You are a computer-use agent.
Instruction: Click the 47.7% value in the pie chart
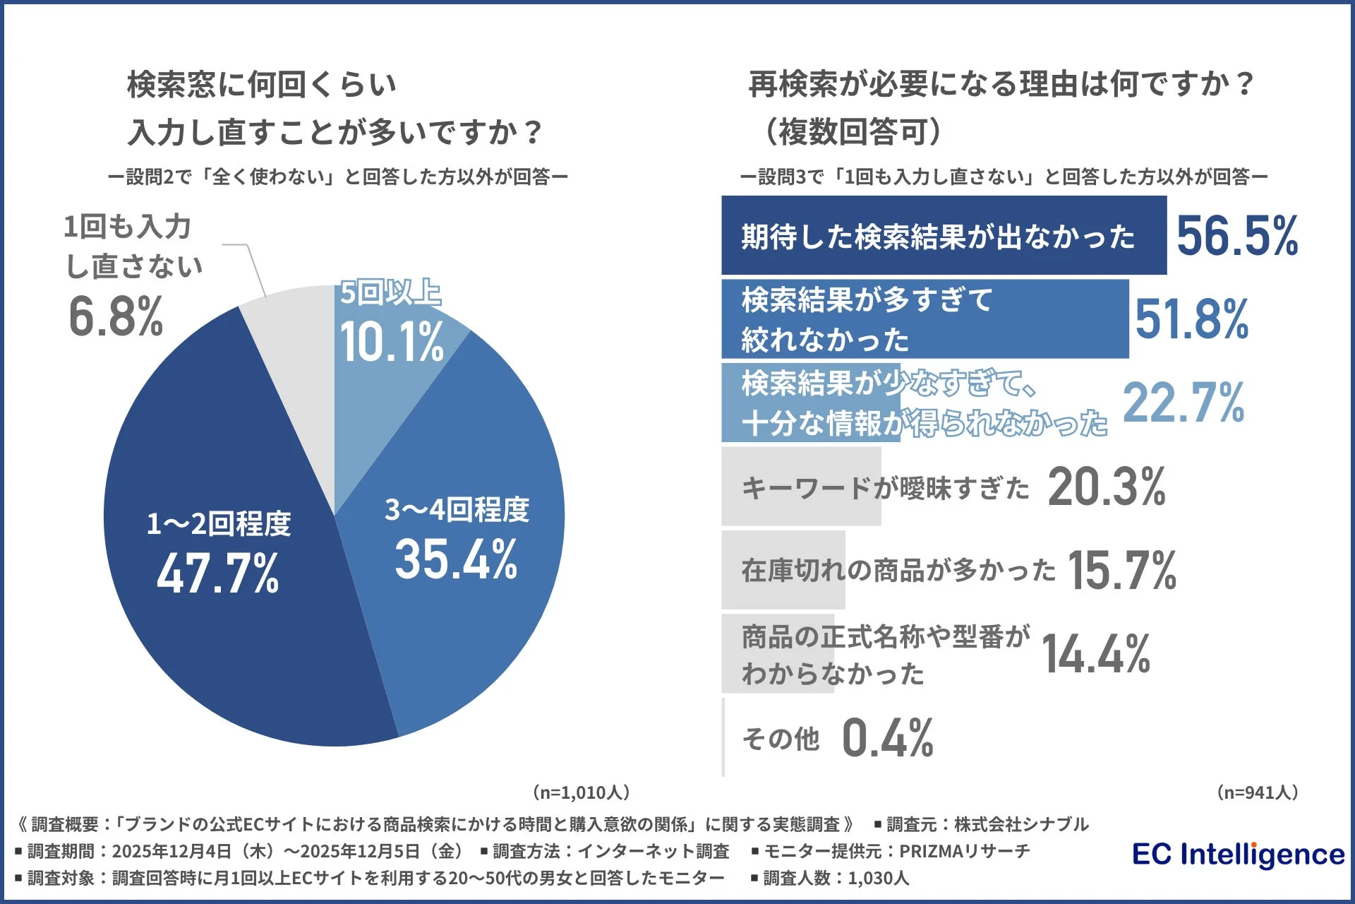[217, 573]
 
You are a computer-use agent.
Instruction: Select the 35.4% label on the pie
[456, 559]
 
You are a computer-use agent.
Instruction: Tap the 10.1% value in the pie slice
[392, 343]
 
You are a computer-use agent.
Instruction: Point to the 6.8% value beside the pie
[116, 316]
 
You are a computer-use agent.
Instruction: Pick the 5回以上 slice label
[390, 292]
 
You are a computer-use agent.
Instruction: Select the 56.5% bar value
[1236, 236]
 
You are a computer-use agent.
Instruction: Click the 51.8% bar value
[1191, 319]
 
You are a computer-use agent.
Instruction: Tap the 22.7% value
[1183, 403]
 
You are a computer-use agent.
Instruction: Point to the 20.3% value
[1106, 487]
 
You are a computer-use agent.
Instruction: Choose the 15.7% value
[1121, 571]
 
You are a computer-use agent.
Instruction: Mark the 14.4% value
[1095, 654]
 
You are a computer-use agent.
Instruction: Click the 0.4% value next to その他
[887, 738]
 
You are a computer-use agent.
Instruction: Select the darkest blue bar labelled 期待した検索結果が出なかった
[943, 236]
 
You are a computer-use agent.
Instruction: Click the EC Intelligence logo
[1238, 855]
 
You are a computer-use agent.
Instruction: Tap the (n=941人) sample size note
[1258, 792]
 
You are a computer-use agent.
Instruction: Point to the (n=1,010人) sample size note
[581, 792]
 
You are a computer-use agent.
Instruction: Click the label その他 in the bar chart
[781, 739]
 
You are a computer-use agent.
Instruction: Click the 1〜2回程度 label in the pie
[219, 524]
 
